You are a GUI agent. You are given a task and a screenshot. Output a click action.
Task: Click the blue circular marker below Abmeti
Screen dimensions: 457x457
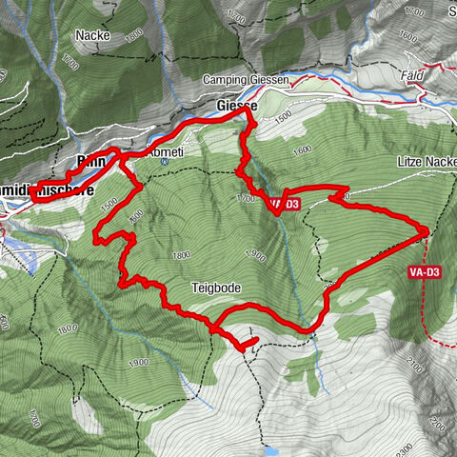(x=164, y=162)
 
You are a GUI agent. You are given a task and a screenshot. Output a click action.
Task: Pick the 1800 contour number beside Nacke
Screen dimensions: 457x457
(x=133, y=33)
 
